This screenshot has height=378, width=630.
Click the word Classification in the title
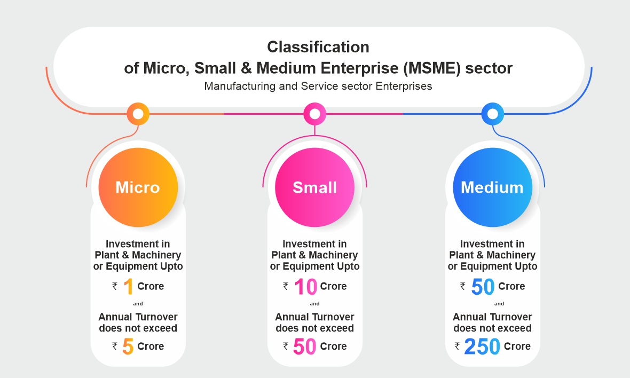[318, 47]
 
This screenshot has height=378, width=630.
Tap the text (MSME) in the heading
[432, 68]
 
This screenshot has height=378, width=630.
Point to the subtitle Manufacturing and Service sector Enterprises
[318, 86]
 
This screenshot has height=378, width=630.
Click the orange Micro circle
[138, 187]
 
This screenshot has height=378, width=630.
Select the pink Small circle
[314, 187]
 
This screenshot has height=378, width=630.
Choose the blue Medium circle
[493, 187]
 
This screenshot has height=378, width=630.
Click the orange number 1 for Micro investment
[128, 287]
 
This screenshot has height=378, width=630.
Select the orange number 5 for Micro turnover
[128, 346]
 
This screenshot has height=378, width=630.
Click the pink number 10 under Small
[306, 287]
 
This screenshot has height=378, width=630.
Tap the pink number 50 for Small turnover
[304, 346]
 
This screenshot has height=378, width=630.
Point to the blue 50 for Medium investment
[483, 287]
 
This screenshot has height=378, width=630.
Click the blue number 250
[482, 346]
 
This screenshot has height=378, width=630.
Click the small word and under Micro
[138, 304]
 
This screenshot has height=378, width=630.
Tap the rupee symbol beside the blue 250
[457, 346]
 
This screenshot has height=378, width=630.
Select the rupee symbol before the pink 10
[286, 286]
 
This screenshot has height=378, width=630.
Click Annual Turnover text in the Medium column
[493, 317]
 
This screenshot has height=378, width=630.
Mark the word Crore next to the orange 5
[151, 346]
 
